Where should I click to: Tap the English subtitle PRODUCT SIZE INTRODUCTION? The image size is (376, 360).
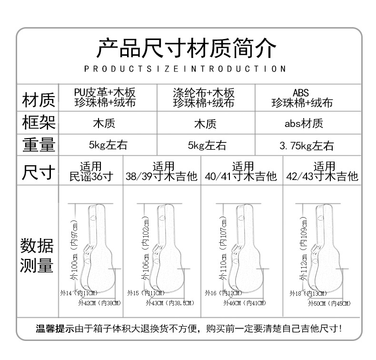pos(185,69)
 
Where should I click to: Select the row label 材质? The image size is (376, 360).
pos(39,100)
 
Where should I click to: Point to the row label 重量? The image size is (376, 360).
pos(39,145)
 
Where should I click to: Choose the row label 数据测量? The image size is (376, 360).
pos(37,256)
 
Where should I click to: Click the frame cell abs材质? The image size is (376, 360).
pos(304,124)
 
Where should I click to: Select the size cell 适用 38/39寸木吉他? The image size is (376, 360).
pos(161,172)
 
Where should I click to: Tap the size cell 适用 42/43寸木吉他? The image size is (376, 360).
pos(322,172)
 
